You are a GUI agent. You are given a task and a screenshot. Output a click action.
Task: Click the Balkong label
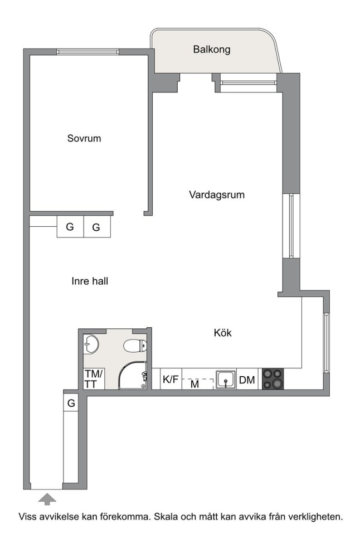[x=212, y=49]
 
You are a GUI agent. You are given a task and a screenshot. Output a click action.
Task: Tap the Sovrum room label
[x=84, y=138]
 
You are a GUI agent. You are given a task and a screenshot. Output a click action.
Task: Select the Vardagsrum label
[x=217, y=195]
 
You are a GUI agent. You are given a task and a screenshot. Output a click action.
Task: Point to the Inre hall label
[x=90, y=281]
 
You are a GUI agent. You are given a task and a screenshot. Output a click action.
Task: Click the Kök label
[x=223, y=333]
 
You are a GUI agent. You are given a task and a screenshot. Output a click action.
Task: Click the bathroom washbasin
[x=91, y=343]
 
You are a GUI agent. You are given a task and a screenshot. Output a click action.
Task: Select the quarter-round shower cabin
[x=133, y=375]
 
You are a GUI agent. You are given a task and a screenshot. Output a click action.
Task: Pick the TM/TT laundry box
[x=93, y=379]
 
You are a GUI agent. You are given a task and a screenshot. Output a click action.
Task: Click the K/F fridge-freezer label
[x=171, y=379]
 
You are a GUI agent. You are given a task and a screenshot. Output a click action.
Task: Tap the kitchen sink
[x=226, y=380]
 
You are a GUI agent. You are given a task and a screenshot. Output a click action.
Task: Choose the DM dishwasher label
[x=247, y=380]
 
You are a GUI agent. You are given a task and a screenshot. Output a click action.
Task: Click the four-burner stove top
[x=273, y=379]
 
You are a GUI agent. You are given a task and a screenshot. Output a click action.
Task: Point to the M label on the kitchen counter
[x=195, y=384]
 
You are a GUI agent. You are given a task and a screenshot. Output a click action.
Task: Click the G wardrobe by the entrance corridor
[x=71, y=403]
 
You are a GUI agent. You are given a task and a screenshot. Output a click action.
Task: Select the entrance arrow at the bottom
[x=47, y=499]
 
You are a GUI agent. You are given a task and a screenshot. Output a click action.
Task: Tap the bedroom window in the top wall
[x=88, y=52]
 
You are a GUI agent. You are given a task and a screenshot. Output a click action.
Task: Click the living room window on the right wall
[x=291, y=226]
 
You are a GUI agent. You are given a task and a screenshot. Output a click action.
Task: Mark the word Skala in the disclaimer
[x=167, y=517]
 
